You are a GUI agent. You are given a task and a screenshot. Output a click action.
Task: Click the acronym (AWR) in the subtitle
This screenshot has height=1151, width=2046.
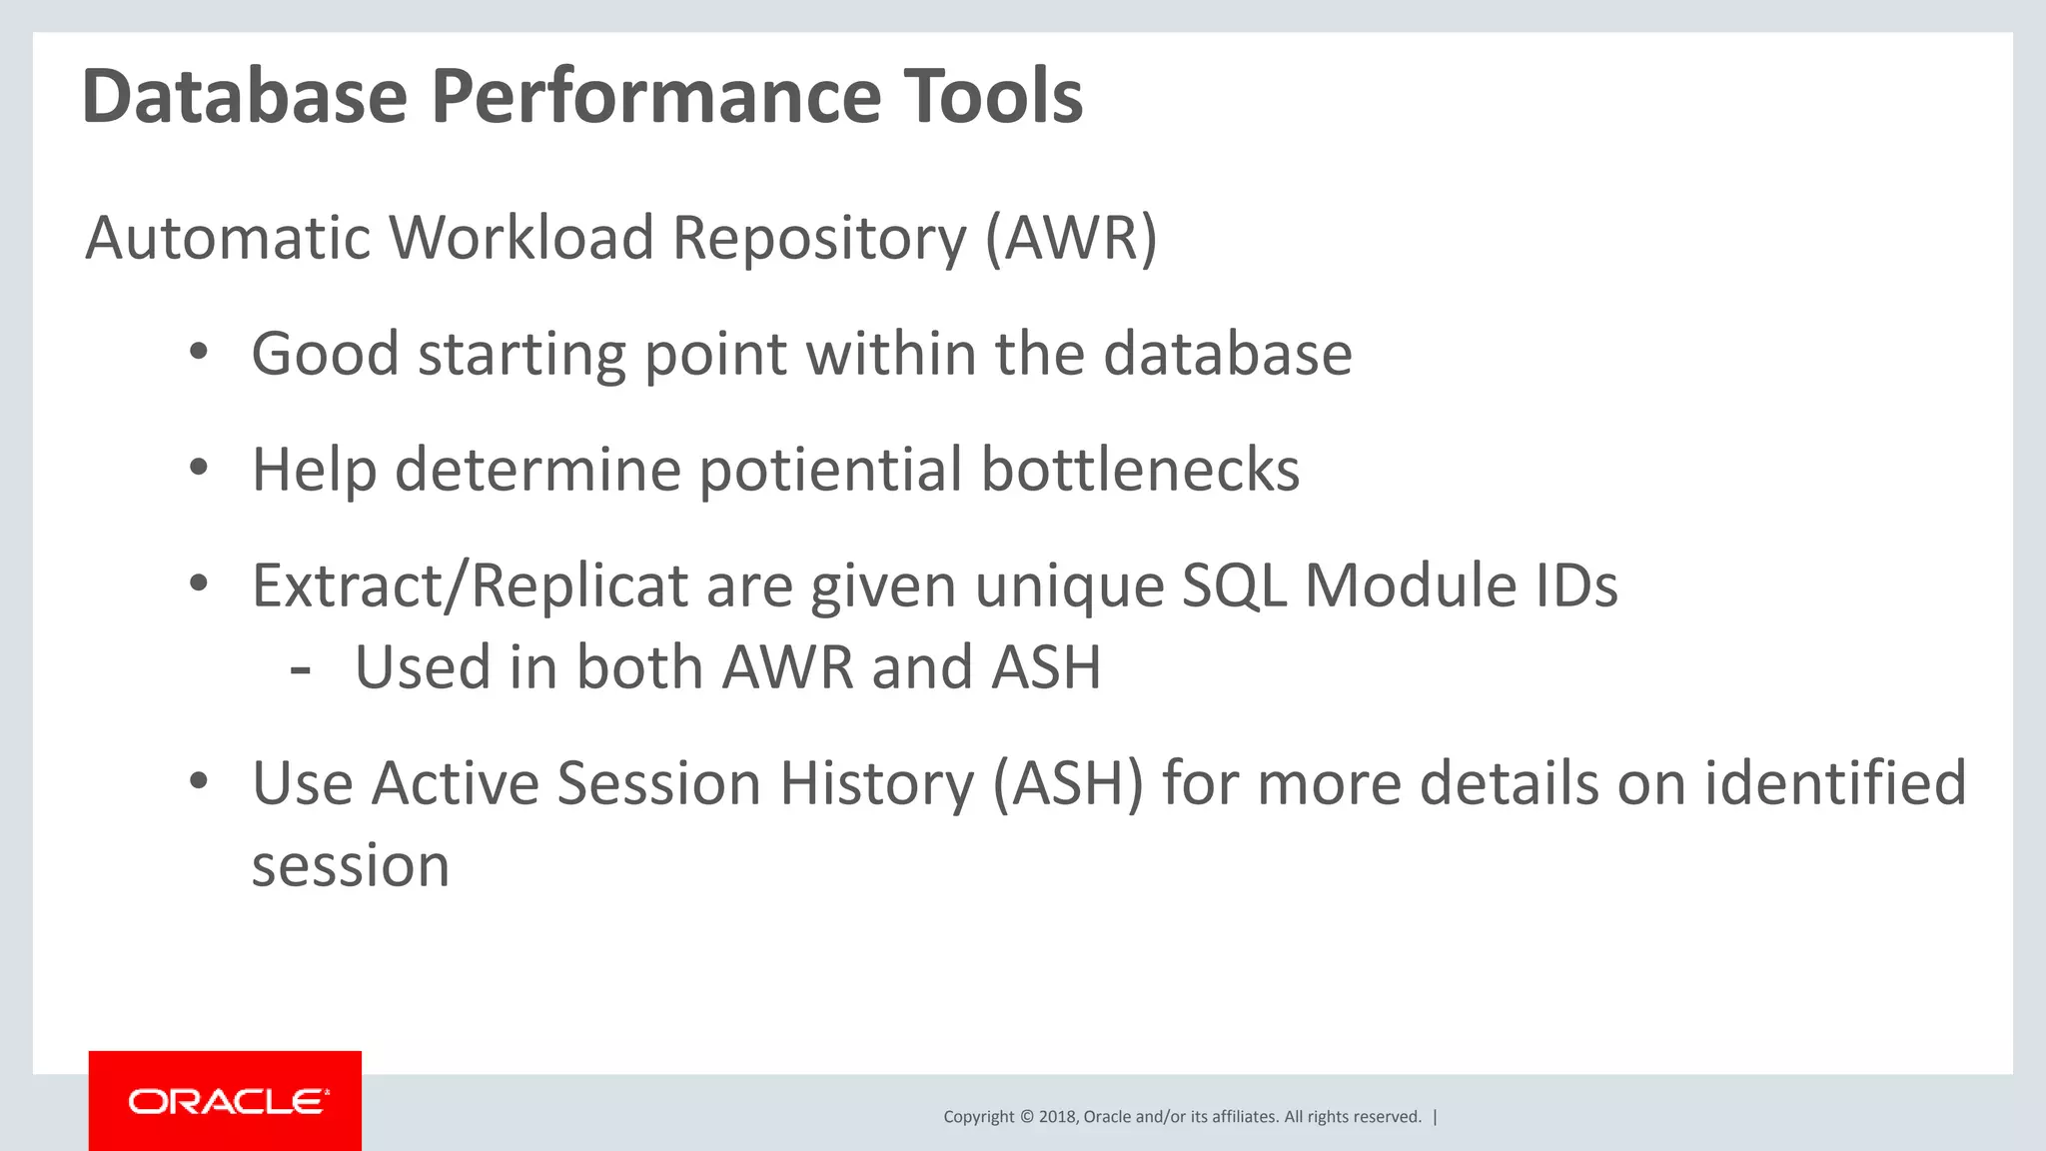coord(1071,238)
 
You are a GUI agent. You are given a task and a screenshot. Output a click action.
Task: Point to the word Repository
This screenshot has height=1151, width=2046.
coord(819,238)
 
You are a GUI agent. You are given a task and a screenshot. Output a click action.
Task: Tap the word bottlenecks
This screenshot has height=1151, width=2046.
coord(1140,470)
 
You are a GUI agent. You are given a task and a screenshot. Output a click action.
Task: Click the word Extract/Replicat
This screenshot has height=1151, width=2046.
coord(470,585)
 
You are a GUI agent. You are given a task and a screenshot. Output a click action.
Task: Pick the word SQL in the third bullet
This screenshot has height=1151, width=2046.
coord(1234,585)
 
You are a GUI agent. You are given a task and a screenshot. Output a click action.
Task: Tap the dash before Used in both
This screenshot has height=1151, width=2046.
coord(300,667)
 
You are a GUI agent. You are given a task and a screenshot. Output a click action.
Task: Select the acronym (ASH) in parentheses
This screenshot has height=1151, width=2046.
coord(1068,782)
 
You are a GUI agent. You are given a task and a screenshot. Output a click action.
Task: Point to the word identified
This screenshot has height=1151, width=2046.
coord(1835,782)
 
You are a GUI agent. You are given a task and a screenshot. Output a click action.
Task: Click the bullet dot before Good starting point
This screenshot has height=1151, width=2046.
coord(199,352)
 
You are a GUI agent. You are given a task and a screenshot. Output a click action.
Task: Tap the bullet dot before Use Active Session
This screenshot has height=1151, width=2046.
coord(199,781)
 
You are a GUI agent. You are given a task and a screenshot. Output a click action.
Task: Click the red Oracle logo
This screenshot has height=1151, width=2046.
coord(225,1101)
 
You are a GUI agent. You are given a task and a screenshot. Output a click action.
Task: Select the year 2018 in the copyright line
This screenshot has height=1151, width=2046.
coord(1056,1117)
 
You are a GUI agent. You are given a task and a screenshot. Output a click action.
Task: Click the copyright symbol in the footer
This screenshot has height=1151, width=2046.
coord(1026,1117)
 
